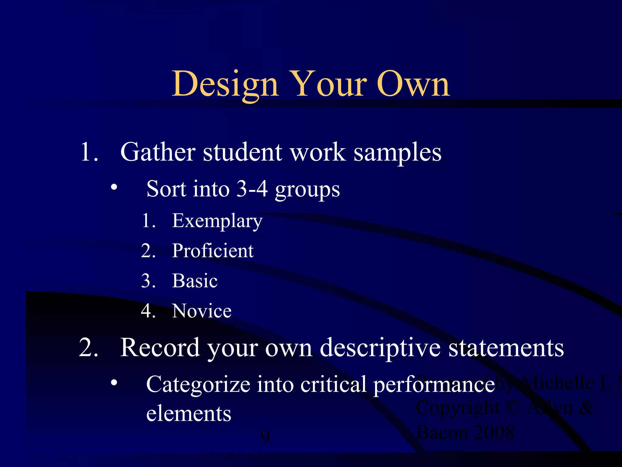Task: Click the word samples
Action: (x=398, y=153)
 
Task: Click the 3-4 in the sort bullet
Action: (x=252, y=189)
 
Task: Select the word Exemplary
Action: (x=217, y=221)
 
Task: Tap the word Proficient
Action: (x=213, y=251)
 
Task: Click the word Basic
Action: (x=195, y=281)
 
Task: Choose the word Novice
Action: (x=202, y=311)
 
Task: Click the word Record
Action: (x=160, y=348)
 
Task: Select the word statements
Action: (x=506, y=348)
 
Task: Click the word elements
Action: (x=189, y=414)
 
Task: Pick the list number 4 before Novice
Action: (x=148, y=311)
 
